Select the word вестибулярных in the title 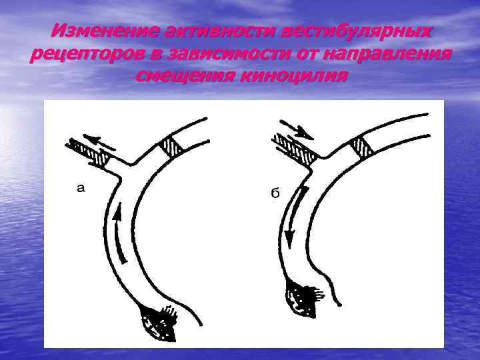[x=357, y=31]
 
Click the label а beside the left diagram [x=81, y=188]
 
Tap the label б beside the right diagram [x=274, y=193]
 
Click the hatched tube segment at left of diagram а [x=89, y=153]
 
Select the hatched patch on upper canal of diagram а [x=172, y=147]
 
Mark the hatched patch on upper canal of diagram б [x=362, y=147]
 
